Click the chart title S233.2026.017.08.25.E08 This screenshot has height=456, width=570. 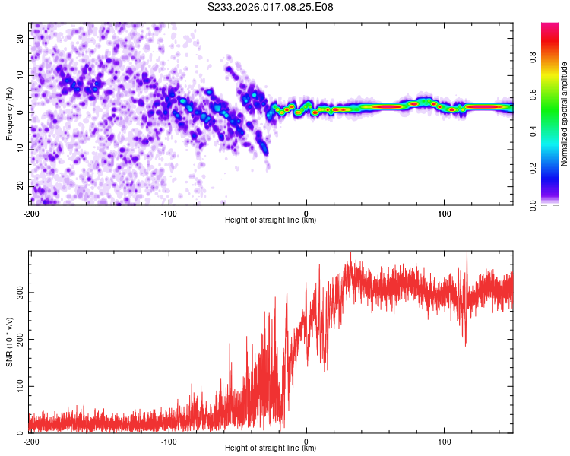point(271,7)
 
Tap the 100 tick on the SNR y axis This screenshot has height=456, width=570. point(17,386)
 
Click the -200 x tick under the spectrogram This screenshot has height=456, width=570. point(31,213)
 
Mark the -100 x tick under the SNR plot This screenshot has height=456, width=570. point(169,441)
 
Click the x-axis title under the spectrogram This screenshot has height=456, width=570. point(271,220)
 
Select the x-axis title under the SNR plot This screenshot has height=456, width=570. point(271,448)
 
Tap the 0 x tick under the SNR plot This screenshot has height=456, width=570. point(306,441)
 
